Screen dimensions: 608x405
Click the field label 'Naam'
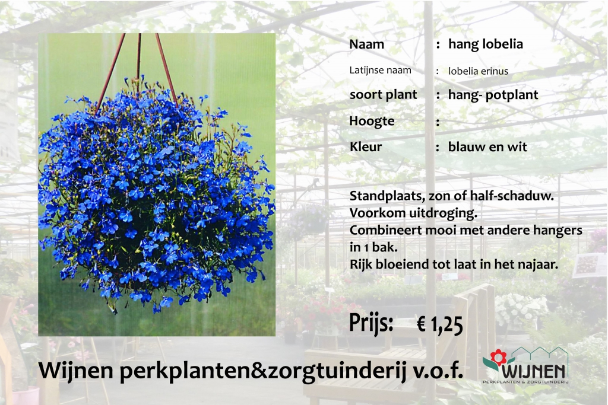366,44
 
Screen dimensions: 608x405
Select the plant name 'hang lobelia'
486,44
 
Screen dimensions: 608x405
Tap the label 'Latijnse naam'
380,70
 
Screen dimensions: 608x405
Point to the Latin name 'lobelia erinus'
478,71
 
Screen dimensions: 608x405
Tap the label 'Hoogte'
372,121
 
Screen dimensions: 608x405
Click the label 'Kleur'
366,146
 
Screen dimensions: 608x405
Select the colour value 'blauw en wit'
487,146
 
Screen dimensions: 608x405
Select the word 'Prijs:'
371,323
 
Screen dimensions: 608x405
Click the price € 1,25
440,324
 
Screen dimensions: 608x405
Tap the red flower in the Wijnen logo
498,356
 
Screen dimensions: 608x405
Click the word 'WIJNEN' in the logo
534,372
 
